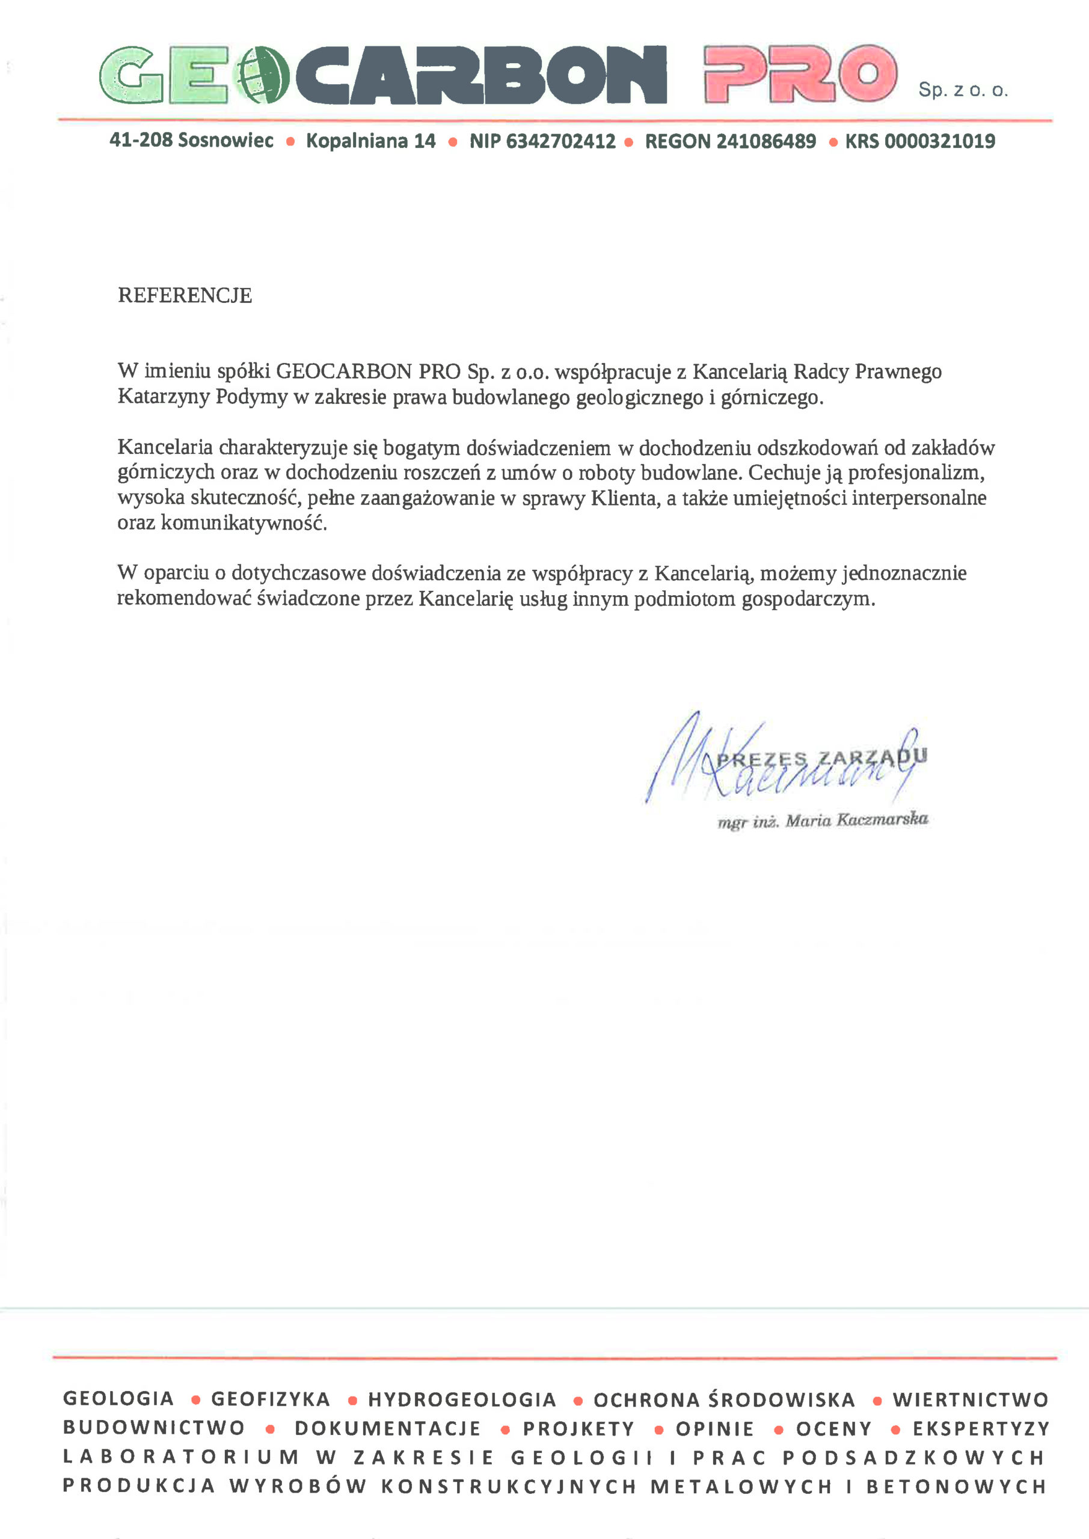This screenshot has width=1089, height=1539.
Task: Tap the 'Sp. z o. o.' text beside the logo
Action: coord(962,90)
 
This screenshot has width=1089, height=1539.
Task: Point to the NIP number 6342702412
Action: coord(560,141)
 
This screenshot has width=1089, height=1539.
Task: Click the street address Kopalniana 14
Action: coord(371,141)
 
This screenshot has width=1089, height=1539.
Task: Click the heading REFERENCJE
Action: coord(185,296)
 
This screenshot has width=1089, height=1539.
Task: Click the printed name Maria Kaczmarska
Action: coord(857,820)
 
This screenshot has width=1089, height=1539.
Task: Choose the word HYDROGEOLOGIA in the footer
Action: coord(462,1400)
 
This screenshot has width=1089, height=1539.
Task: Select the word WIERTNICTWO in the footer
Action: coord(971,1400)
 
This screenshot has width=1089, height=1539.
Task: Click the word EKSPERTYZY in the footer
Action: coord(981,1428)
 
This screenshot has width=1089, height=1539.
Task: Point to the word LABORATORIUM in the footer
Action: coord(181,1457)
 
